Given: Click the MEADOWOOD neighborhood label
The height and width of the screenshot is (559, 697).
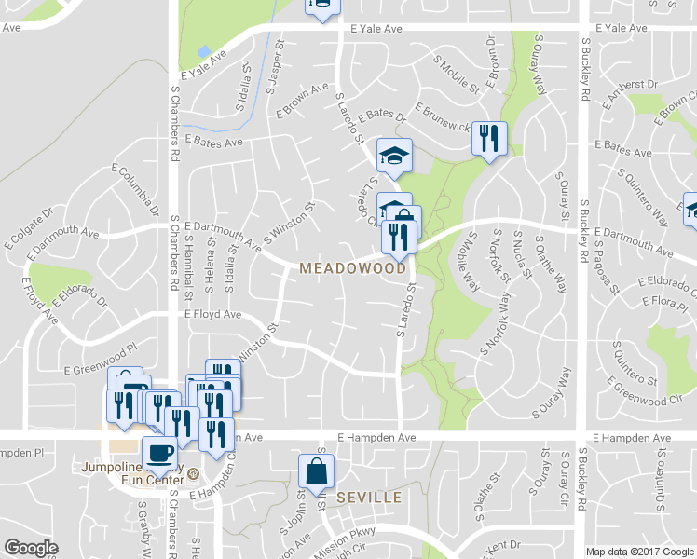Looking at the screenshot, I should pyautogui.click(x=353, y=268).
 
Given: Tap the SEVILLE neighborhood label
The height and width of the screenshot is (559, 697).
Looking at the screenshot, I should pyautogui.click(x=368, y=498).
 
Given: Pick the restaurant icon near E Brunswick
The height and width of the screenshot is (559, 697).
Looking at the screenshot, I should pyautogui.click(x=488, y=139).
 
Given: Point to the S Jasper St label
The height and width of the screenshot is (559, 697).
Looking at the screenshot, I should pyautogui.click(x=274, y=64).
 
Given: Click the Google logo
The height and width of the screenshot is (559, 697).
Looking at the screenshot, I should pyautogui.click(x=31, y=547).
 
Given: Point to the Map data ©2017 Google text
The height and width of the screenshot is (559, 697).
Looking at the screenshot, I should pyautogui.click(x=639, y=552).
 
